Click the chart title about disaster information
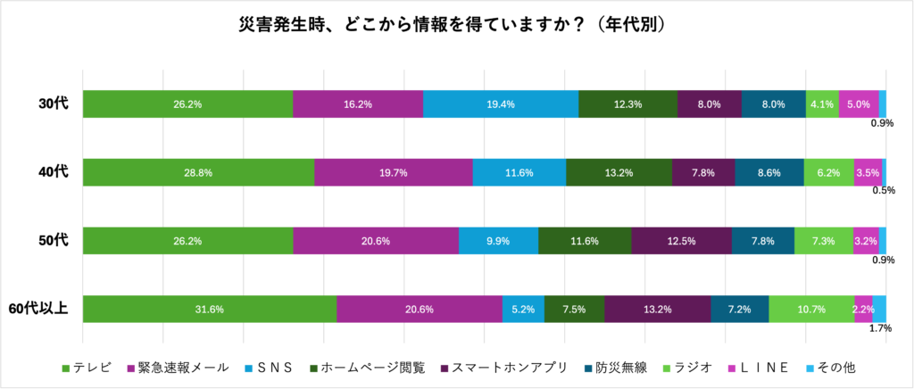[457, 24]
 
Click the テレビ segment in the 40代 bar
[198, 172]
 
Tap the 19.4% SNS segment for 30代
[500, 103]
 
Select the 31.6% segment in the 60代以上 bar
[209, 309]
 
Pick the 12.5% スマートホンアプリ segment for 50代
[681, 241]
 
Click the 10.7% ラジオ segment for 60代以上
[811, 309]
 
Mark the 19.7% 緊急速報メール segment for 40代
[393, 172]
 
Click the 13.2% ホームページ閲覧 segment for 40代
[619, 172]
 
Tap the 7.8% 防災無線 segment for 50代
[763, 241]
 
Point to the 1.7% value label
[881, 329]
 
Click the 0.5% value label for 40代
[883, 190]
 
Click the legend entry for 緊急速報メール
[176, 367]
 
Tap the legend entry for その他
[837, 367]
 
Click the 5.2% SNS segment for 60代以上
[523, 309]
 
